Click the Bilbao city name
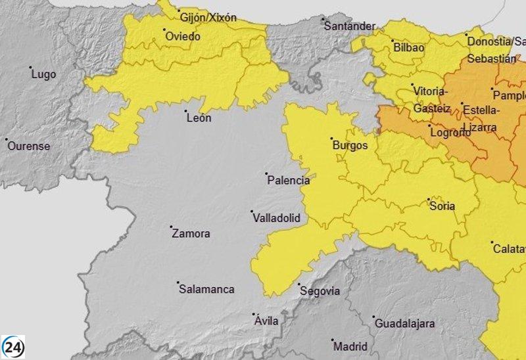408,47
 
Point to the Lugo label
43,74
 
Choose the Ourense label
28,146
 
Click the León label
199,118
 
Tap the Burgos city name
350,145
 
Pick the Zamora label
191,233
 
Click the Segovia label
320,290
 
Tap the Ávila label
266,321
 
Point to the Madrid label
350,346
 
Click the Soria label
442,206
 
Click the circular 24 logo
13,346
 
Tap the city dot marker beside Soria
429,199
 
